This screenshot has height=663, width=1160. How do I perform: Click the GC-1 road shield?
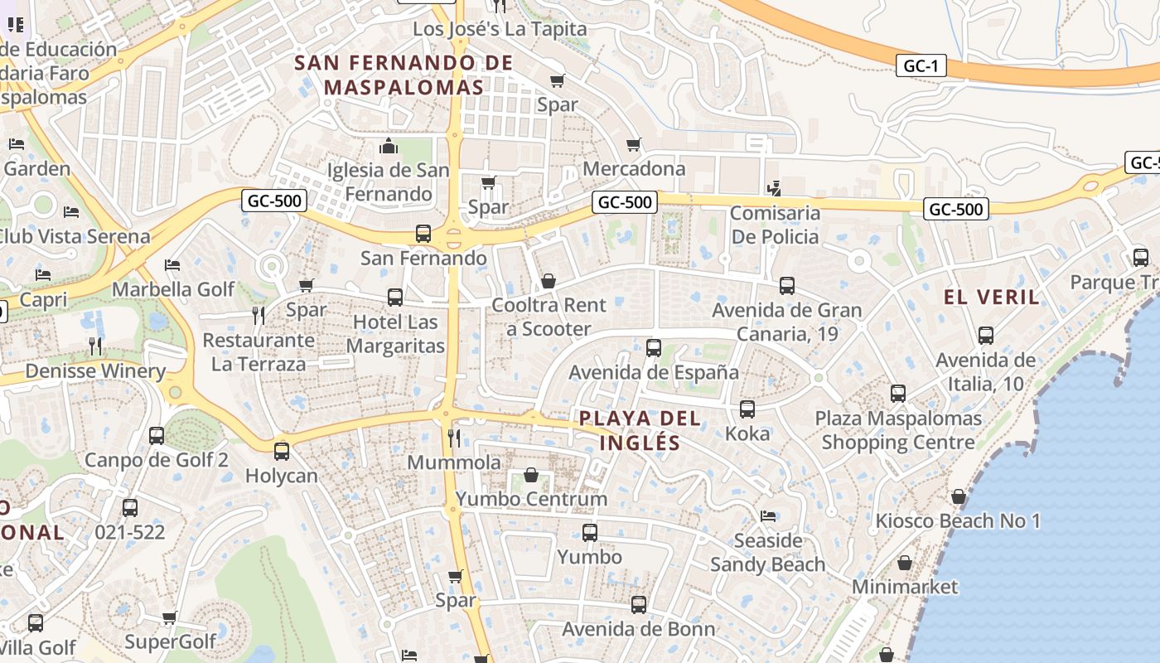point(921,66)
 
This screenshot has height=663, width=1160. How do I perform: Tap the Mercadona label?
point(635,169)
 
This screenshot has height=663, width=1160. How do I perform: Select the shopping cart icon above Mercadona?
point(634,145)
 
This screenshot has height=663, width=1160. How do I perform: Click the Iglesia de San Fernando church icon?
point(389,147)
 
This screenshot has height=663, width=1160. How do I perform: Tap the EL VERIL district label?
point(992,298)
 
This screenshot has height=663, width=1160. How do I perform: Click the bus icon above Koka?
point(747,409)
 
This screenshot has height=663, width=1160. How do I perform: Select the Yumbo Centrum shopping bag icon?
point(531,475)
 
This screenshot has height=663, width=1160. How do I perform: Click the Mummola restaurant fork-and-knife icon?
point(454,437)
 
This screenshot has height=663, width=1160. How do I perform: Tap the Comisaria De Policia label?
point(775,225)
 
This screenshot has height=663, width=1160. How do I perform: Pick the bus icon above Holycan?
point(282,451)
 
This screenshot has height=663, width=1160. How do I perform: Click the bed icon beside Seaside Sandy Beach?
point(768,516)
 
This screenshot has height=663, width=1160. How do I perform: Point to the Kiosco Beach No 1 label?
point(958,521)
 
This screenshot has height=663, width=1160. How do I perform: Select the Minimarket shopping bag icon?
point(905,563)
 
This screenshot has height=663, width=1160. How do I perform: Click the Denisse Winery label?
point(95,371)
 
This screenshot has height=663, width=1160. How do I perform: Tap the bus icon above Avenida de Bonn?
point(638,604)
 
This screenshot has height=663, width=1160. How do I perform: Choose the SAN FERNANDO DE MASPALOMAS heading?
point(404,75)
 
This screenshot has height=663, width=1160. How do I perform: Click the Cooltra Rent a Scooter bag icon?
point(548,281)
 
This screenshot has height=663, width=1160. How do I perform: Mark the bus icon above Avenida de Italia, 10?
point(985,336)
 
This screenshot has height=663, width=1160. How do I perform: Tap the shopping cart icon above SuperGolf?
point(170,617)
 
